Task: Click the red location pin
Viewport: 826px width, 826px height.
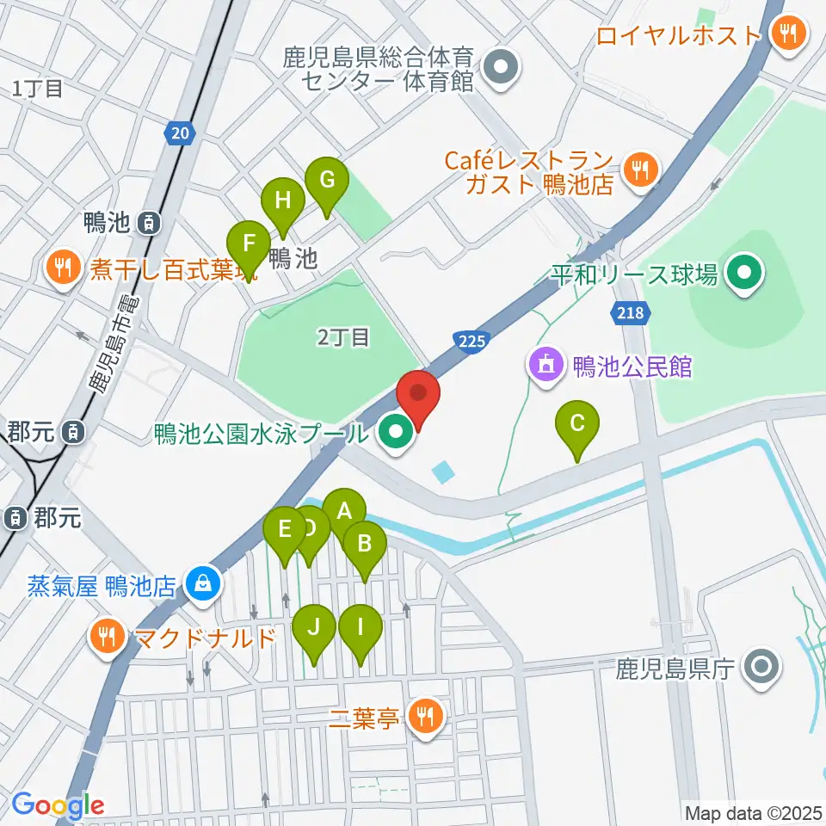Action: (419, 398)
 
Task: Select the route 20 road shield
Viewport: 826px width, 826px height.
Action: (178, 133)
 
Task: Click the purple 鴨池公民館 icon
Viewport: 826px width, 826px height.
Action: (546, 367)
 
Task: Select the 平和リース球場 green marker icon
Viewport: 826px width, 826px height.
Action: (741, 275)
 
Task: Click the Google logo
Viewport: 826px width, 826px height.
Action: (58, 805)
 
